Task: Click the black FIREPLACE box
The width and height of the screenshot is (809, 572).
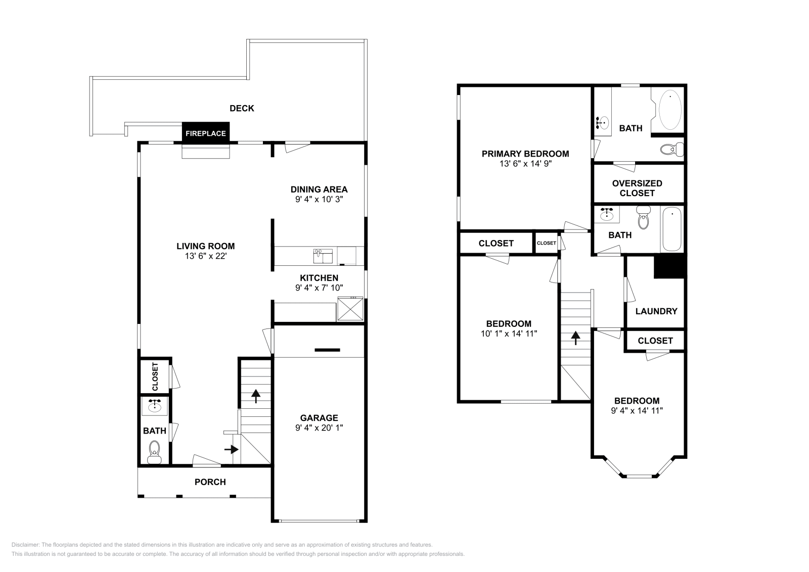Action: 205,133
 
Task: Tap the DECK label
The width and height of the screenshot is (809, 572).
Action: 242,108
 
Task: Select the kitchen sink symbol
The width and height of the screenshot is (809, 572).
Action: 323,256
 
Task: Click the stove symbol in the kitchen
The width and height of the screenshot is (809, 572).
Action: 350,309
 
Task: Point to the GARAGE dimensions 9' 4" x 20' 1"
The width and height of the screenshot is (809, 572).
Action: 319,427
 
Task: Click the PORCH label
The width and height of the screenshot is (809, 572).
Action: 210,482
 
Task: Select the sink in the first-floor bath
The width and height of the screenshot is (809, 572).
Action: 154,406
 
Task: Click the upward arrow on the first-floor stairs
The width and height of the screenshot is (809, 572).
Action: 255,396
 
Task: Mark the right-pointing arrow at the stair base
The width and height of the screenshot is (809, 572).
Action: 232,449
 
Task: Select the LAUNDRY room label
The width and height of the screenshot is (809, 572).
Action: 656,311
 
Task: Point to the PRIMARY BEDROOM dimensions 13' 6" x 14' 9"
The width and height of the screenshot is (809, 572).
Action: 525,164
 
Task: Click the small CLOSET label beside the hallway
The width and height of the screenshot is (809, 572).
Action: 546,243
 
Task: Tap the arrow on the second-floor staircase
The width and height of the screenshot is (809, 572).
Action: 575,338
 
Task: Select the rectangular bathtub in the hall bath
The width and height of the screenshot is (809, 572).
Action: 672,229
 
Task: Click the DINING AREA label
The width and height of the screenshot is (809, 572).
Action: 319,189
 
